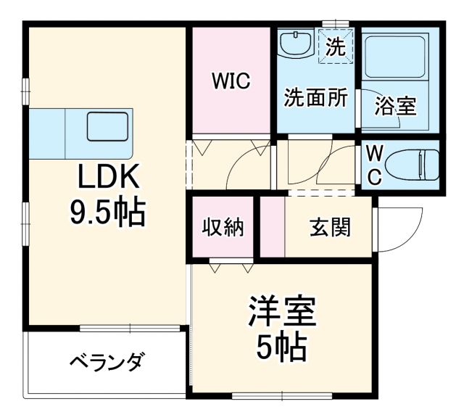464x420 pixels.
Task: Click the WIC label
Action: click(231, 82)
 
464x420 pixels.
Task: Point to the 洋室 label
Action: click(282, 313)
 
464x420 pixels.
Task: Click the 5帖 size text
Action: click(281, 350)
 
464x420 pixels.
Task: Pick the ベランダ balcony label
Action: click(107, 361)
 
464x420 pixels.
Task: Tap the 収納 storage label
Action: click(223, 227)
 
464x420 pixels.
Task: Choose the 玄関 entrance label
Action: click(330, 227)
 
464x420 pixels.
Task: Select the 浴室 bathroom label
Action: click(394, 106)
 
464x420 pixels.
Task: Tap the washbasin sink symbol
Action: click(297, 44)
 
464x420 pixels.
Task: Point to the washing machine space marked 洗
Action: click(335, 47)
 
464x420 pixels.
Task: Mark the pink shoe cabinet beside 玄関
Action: click(273, 227)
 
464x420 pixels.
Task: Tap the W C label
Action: click(373, 165)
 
